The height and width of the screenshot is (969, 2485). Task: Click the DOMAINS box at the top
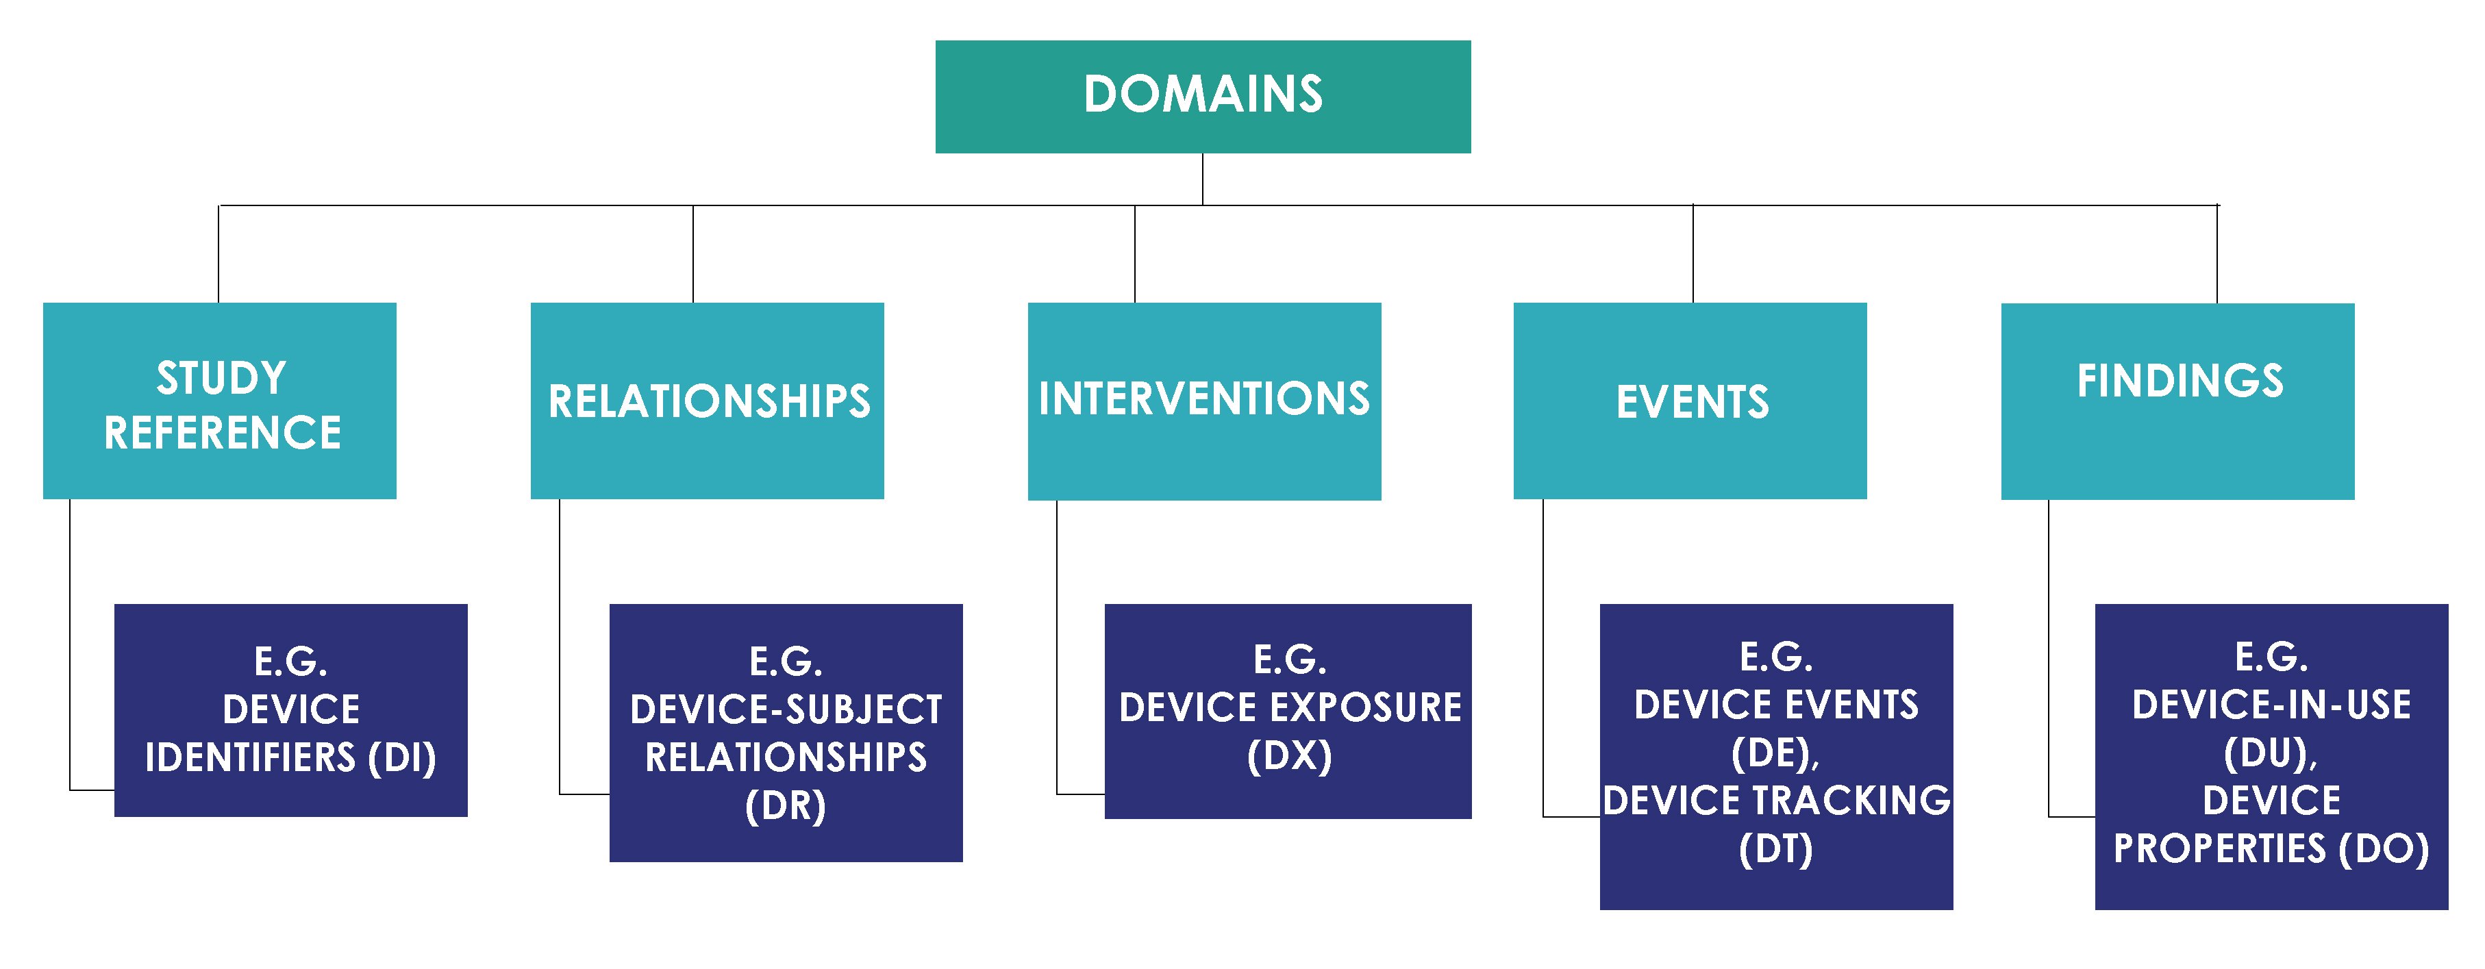(1202, 97)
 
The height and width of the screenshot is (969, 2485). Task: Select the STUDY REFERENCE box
(219, 401)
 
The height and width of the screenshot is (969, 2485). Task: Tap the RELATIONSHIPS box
(707, 401)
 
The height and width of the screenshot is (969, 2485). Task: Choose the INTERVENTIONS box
(1204, 401)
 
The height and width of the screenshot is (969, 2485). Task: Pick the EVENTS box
(1690, 401)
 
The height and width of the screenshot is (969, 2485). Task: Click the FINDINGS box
(2177, 401)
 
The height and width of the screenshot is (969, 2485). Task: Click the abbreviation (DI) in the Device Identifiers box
(402, 758)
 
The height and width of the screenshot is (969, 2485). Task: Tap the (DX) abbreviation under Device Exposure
(1289, 756)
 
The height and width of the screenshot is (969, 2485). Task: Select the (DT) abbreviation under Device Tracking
(1776, 849)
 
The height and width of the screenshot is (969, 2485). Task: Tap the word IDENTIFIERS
(250, 758)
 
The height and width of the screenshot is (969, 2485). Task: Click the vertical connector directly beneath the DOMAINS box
(1202, 179)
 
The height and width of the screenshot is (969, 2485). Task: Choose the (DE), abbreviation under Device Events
(1776, 754)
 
